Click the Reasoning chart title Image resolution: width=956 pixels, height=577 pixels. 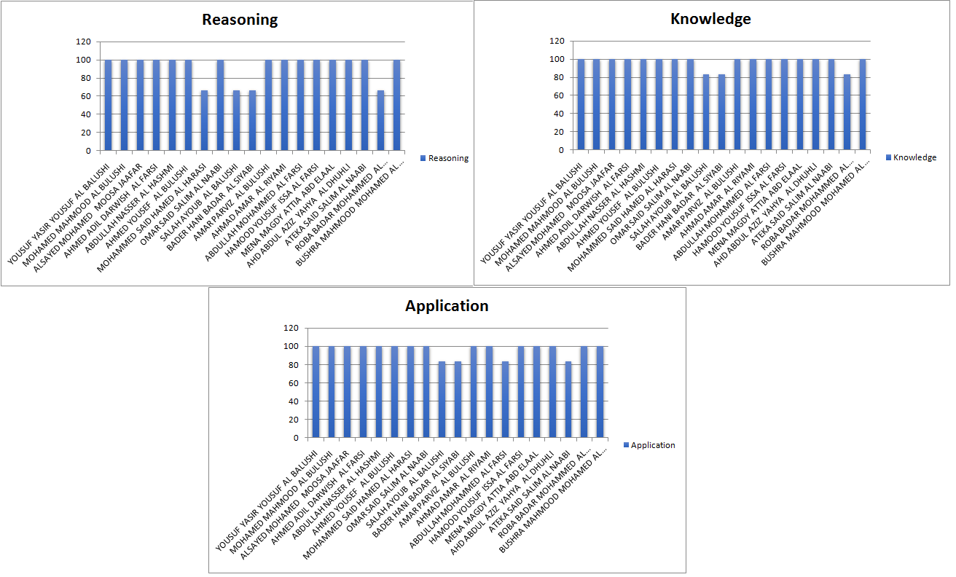coord(240,20)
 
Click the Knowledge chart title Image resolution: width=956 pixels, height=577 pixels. coord(710,19)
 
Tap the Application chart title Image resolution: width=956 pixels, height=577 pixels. coord(447,306)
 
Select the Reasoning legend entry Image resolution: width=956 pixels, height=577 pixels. coord(444,158)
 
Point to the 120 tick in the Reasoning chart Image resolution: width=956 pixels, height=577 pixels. coord(87,42)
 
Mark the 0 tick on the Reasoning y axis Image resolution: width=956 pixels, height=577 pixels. coord(89,151)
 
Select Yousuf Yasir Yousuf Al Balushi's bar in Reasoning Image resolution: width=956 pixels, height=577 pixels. coord(109,105)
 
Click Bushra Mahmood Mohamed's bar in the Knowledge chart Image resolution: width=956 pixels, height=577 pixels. coord(863,104)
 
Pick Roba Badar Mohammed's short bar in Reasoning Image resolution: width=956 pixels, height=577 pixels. coord(381,120)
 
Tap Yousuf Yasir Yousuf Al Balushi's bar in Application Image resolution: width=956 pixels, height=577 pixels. coord(316,392)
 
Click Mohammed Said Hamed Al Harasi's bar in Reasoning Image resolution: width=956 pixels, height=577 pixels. coord(205,120)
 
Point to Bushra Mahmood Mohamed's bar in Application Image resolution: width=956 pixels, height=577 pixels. coord(600,392)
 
